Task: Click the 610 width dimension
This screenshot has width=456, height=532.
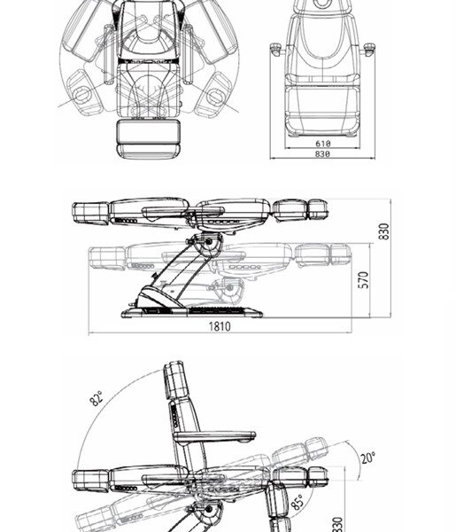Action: click(x=323, y=144)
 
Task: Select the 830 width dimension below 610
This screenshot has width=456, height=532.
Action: click(x=322, y=154)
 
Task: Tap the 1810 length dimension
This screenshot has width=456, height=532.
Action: click(x=220, y=326)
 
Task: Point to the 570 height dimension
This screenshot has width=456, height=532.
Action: click(x=363, y=280)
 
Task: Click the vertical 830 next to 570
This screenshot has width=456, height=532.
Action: click(x=384, y=231)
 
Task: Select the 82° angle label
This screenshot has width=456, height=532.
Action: click(x=97, y=398)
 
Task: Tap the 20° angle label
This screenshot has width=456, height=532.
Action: click(x=367, y=458)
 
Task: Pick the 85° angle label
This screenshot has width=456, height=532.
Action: click(x=298, y=503)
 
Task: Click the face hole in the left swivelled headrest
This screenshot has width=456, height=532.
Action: click(x=81, y=95)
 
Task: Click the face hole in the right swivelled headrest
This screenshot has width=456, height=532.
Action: click(x=215, y=96)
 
